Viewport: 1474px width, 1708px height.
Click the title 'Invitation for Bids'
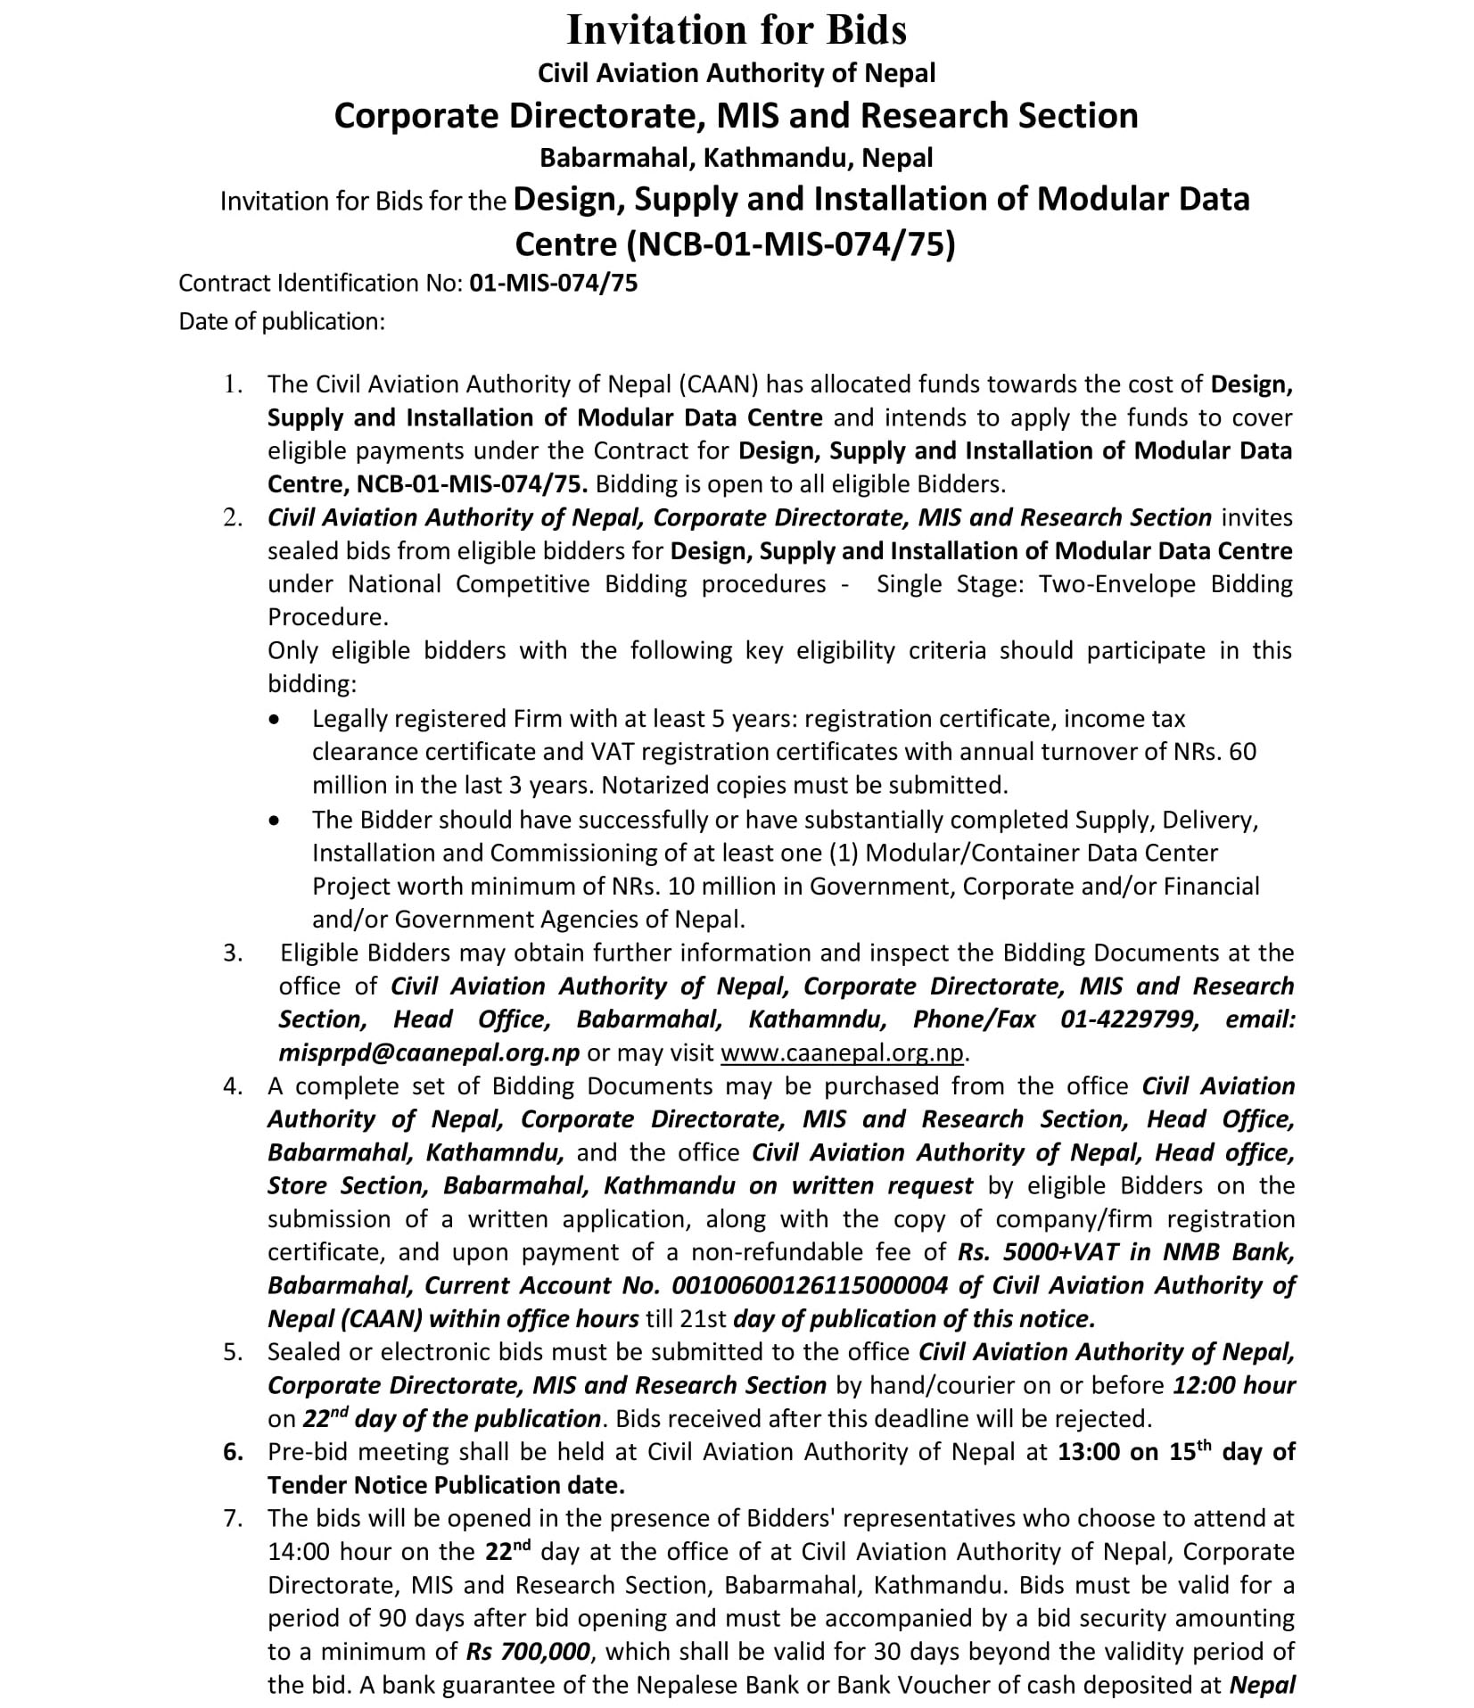[x=737, y=30]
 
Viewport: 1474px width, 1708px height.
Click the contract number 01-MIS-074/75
[x=553, y=283]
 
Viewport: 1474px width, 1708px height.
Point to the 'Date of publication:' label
[x=282, y=321]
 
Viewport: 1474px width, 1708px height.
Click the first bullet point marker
[x=278, y=719]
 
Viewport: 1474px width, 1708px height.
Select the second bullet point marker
[x=278, y=820]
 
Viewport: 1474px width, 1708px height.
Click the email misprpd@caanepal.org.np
[x=429, y=1052]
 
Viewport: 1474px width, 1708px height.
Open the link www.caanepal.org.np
[x=842, y=1052]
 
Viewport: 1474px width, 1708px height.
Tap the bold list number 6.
[x=233, y=1452]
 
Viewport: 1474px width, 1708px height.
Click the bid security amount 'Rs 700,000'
[x=528, y=1652]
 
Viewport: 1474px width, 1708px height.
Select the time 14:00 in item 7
[x=299, y=1552]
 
